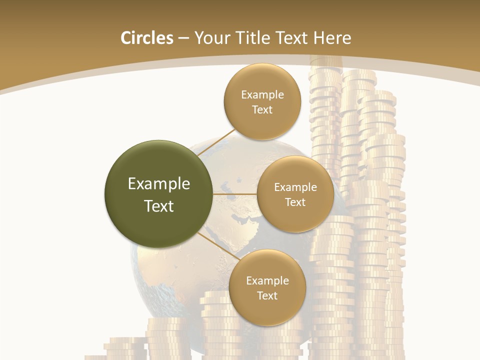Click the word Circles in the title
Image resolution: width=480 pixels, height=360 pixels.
tap(147, 38)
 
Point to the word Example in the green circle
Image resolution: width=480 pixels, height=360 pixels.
tap(159, 184)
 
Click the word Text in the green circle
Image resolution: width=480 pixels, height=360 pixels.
tap(159, 206)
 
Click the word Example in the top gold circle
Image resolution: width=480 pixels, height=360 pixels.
tap(262, 95)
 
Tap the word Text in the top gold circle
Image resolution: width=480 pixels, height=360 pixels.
tap(262, 110)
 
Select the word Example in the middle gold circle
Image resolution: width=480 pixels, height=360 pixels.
tap(295, 187)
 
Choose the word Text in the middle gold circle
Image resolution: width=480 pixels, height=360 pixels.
tap(295, 202)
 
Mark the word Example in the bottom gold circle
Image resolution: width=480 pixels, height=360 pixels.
tap(267, 281)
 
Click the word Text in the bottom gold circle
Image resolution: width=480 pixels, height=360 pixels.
tap(267, 296)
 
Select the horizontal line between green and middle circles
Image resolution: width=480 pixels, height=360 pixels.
tap(235, 194)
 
